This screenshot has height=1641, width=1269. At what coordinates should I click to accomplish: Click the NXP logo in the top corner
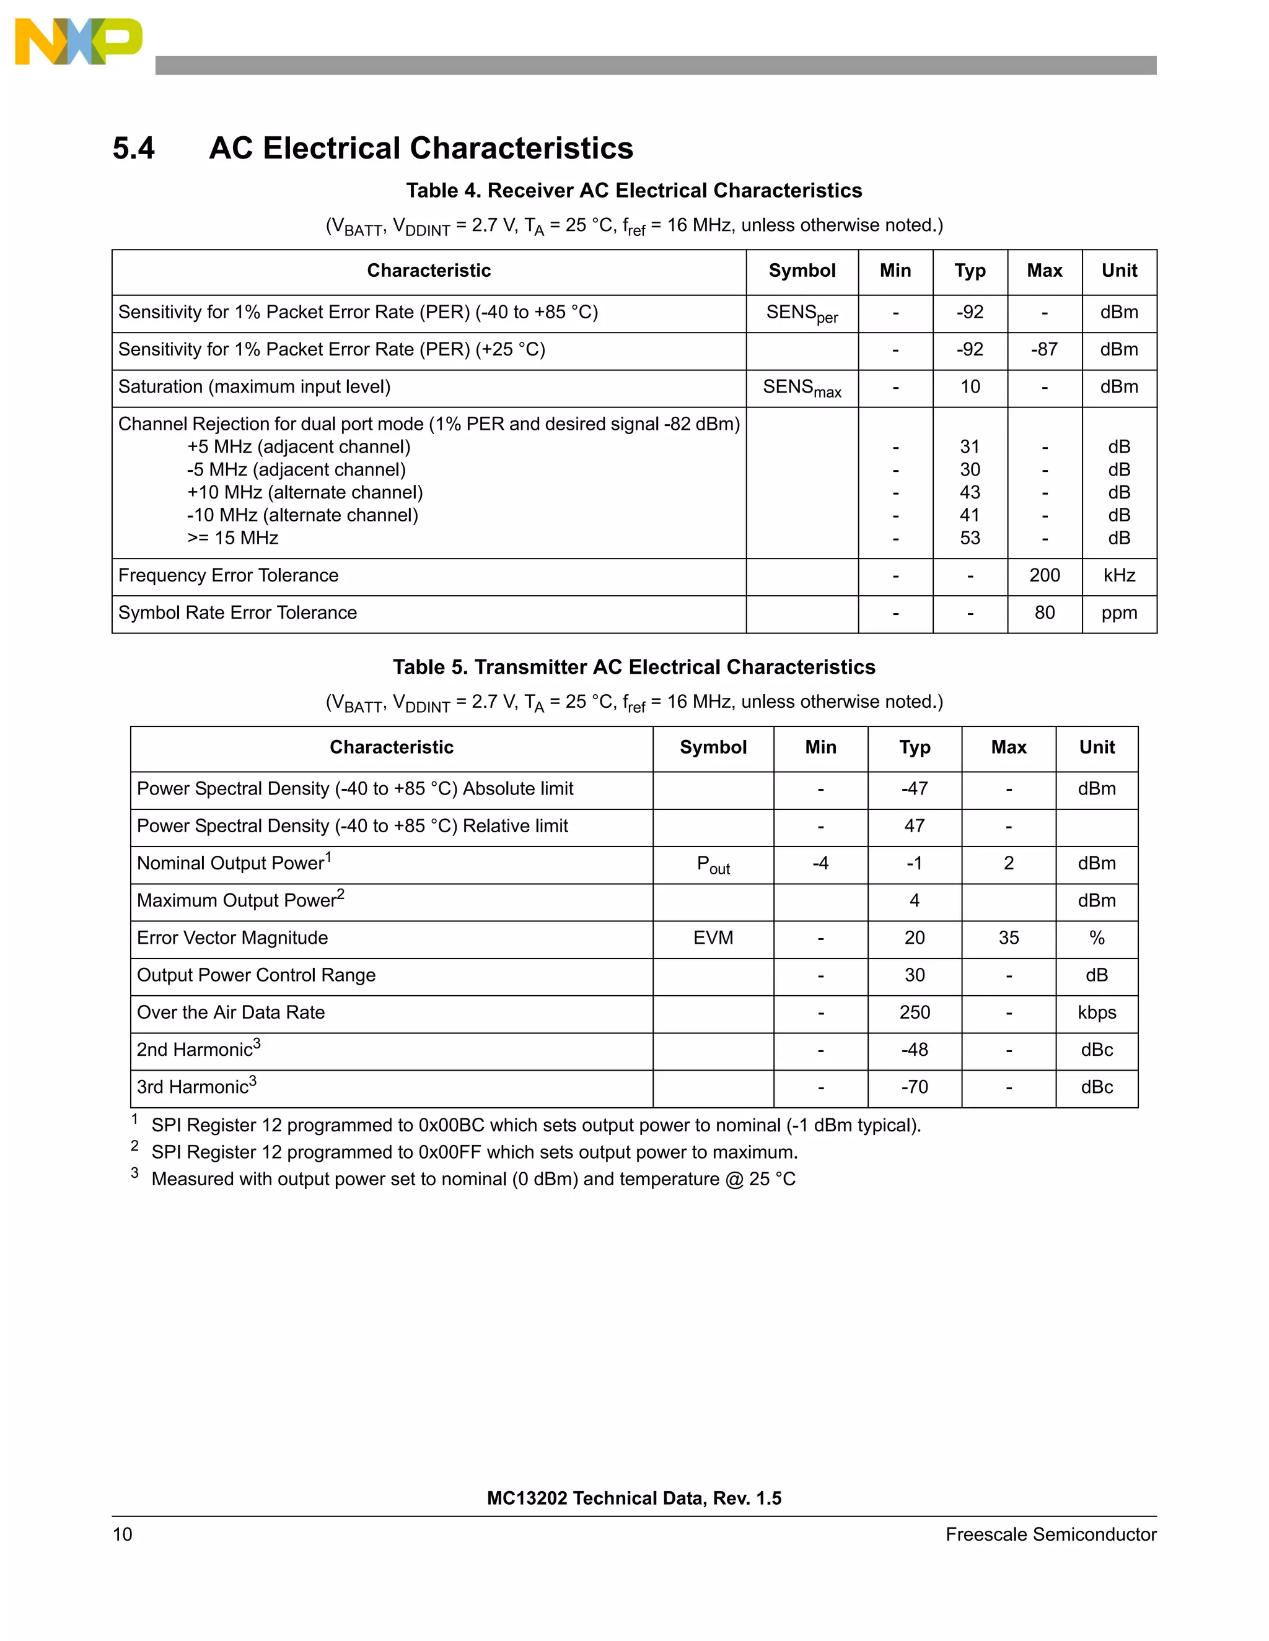tap(78, 42)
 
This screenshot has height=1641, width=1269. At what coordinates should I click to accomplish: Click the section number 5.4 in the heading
tap(133, 148)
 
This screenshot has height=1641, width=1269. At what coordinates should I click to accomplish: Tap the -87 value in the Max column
tap(1043, 349)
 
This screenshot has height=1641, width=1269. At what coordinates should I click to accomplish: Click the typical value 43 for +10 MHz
tap(969, 492)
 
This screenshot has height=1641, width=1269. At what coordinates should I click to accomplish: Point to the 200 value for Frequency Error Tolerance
tap(1043, 575)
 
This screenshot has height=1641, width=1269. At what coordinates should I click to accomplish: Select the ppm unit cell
tap(1118, 613)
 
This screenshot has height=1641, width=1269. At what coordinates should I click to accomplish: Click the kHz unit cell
tap(1118, 575)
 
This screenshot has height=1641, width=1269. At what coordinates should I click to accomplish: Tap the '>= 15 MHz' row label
tap(232, 538)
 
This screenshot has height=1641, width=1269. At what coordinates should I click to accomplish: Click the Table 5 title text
tap(634, 667)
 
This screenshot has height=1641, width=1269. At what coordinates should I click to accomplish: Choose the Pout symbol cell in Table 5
tap(713, 864)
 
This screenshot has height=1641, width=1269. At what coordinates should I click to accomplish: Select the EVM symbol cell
tap(713, 938)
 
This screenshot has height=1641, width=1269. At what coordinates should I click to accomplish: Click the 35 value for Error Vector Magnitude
tap(1008, 938)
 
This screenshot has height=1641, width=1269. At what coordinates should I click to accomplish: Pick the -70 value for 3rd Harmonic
tap(914, 1087)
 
